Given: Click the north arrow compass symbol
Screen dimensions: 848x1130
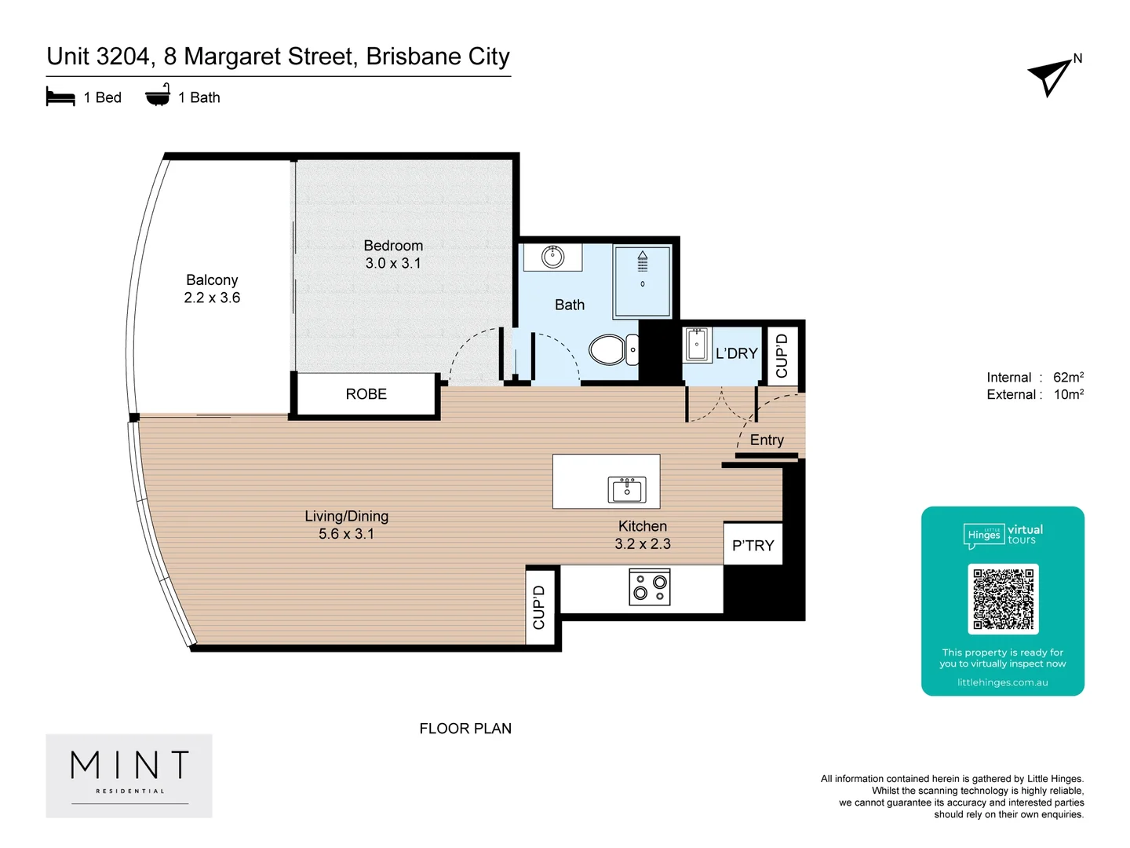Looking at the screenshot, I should (x=1050, y=76).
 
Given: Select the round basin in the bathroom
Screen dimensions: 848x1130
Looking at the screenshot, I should (x=553, y=256).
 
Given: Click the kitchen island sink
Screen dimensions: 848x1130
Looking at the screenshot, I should (x=626, y=489).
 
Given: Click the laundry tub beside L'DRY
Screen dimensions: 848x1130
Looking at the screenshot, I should (x=696, y=344).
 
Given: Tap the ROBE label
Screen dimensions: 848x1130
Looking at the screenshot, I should (x=366, y=394).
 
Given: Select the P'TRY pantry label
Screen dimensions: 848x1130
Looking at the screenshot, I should (x=753, y=546).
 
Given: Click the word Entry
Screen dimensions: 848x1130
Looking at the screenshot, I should (x=767, y=440).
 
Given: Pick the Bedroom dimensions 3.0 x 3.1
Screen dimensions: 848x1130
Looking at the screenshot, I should (x=393, y=264).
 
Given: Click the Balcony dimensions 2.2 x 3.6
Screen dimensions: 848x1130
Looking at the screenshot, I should (x=212, y=298).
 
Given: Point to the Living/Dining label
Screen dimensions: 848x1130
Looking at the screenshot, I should (x=346, y=516).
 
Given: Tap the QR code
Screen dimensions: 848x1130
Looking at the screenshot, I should (x=1003, y=598).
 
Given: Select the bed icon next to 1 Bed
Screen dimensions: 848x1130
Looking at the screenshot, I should (x=60, y=97).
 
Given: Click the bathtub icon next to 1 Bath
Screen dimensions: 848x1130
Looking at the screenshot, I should (x=158, y=96).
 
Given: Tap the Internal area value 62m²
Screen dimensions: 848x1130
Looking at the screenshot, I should (x=1068, y=377).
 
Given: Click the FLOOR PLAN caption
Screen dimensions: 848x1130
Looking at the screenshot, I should (x=465, y=729).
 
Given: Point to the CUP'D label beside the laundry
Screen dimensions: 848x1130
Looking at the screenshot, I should (x=782, y=356).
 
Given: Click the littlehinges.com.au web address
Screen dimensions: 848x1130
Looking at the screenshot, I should (x=1002, y=682).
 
